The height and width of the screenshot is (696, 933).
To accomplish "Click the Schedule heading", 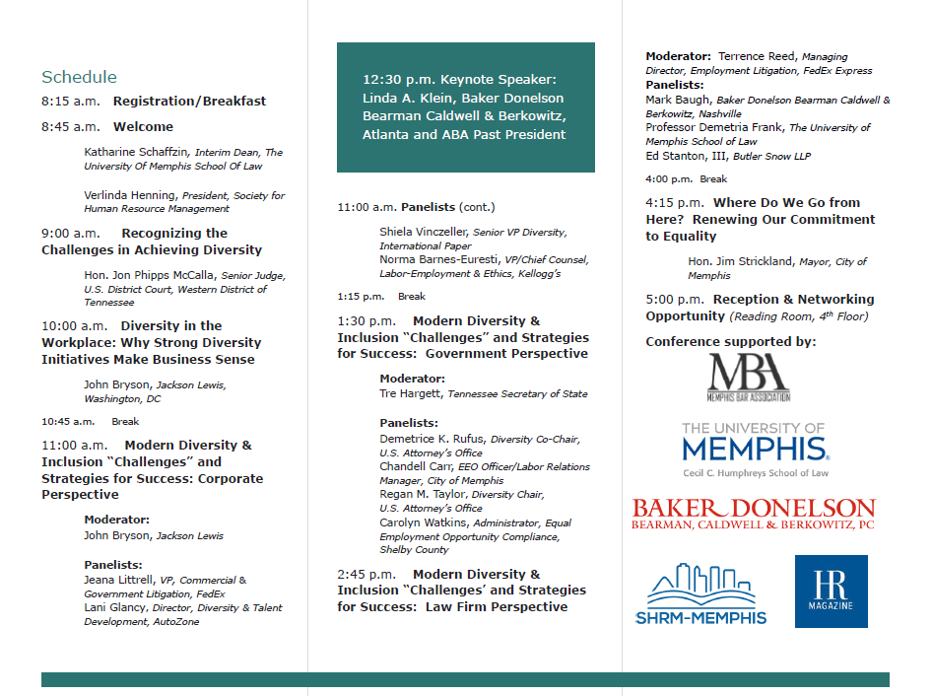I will coord(79,77).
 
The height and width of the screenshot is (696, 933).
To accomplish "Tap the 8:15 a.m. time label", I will coord(70,102).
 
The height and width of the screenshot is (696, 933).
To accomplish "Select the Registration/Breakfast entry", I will coord(189,102).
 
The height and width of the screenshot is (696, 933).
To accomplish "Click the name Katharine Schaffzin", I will coord(137,153).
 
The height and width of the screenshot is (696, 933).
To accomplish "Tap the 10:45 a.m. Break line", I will coord(90,421).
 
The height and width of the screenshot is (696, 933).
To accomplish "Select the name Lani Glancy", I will coord(115,608).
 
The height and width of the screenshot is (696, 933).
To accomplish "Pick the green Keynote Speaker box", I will coord(465,107).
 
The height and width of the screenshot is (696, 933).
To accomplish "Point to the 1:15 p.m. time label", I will coord(361,296).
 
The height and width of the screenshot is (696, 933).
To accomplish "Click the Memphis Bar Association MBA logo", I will coord(749,378).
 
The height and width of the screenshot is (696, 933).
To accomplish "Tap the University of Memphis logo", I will coord(755,450).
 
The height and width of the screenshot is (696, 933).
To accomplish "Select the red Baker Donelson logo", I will coord(754,514).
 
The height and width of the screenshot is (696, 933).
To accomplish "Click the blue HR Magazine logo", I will coord(831,592).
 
